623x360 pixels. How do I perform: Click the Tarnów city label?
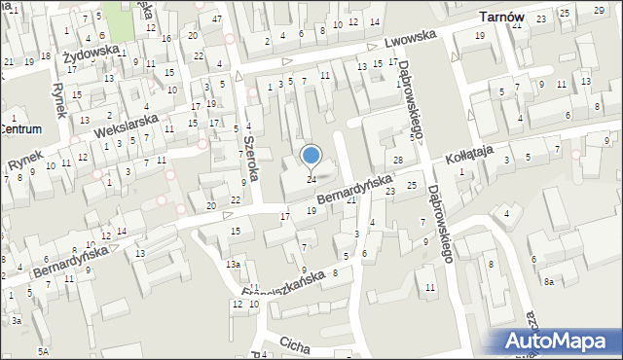coord(503,18)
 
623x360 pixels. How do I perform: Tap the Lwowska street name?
coord(408,42)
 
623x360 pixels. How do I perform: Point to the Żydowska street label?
coord(91,51)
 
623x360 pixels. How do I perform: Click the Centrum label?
coord(20,128)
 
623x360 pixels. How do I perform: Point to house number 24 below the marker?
coord(311,179)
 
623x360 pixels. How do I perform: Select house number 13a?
coord(233,265)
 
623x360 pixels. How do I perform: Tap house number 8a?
coord(549,281)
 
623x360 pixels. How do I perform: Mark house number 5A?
coord(43,350)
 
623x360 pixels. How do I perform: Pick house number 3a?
coord(17,320)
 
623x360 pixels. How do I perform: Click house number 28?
coord(397,160)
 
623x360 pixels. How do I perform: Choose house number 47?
coord(218,19)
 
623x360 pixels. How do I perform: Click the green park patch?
coord(116,14)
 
